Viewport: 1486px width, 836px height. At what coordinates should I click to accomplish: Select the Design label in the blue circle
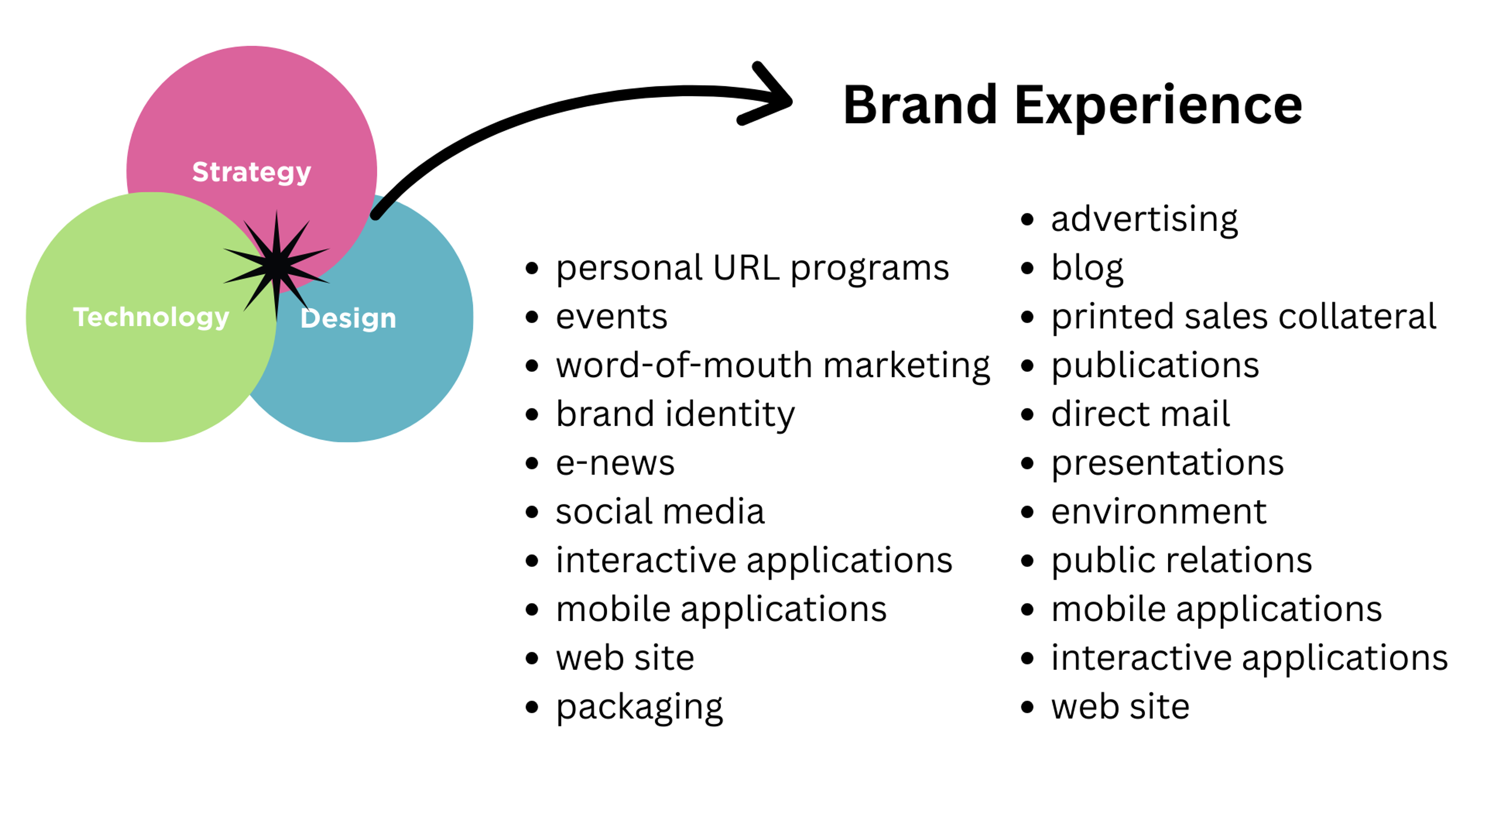[x=348, y=319]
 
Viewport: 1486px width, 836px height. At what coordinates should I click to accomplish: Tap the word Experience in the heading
[x=1158, y=106]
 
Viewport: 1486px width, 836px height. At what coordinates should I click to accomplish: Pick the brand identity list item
[x=675, y=414]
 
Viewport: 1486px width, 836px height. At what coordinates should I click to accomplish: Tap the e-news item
[x=615, y=463]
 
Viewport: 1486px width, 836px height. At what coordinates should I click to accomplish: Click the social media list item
[x=660, y=512]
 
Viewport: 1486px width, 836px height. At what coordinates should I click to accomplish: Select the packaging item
[x=639, y=708]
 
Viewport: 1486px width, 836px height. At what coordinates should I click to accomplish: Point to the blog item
[x=1087, y=268]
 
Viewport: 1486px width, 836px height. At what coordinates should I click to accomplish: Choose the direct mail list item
[x=1140, y=414]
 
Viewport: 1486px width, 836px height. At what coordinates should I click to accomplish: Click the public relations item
[x=1181, y=561]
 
